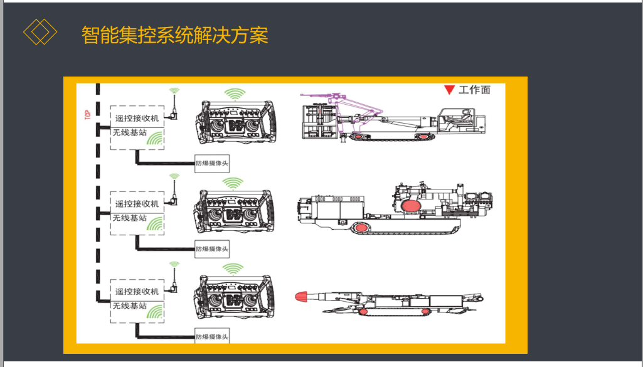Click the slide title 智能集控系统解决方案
click(x=175, y=35)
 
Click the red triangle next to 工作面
click(x=449, y=90)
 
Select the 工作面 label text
click(x=474, y=90)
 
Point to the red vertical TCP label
click(x=87, y=115)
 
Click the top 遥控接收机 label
click(x=137, y=117)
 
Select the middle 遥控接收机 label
click(x=137, y=204)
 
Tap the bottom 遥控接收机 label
click(x=137, y=292)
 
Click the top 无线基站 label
click(x=129, y=132)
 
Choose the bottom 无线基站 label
click(x=129, y=306)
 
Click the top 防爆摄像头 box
click(x=212, y=162)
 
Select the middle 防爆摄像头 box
click(x=212, y=249)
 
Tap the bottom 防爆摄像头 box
click(x=212, y=336)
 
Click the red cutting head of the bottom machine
click(x=304, y=295)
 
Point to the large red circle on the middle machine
click(x=410, y=206)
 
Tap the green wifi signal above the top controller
click(x=235, y=95)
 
